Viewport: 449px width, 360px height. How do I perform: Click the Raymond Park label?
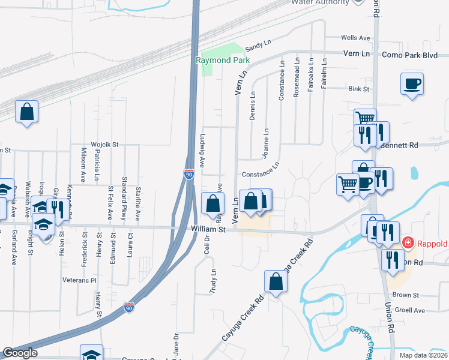coord(220,60)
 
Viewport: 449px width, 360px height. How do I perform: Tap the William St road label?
coord(208,229)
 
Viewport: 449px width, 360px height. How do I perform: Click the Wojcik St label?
coord(106,145)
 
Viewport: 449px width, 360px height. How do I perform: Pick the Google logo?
coord(20,353)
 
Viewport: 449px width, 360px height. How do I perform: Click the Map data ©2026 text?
coord(424,355)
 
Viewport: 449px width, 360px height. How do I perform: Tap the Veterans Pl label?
coord(79,280)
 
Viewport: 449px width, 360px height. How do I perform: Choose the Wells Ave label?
coord(355,38)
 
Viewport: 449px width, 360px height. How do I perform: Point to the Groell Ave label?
coord(409,310)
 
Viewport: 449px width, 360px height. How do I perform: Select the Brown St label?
coord(406,295)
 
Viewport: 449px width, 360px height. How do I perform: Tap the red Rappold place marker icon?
coord(408,243)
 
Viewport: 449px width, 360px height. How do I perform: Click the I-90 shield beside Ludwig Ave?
coord(190,174)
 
